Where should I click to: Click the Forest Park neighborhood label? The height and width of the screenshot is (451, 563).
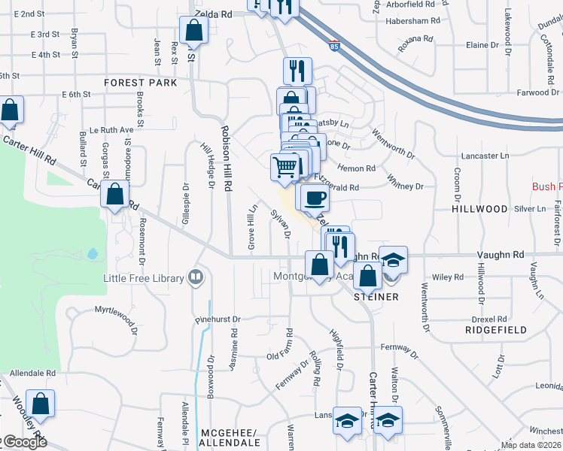pyautogui.click(x=141, y=82)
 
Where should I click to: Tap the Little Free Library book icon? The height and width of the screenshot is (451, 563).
pyautogui.click(x=196, y=278)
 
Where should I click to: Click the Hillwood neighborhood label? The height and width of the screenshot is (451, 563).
pyautogui.click(x=479, y=208)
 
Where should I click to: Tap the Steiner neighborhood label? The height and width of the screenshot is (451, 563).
pyautogui.click(x=376, y=297)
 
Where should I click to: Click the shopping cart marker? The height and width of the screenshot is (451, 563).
pyautogui.click(x=285, y=167)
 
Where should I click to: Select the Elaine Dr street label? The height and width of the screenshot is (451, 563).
pyautogui.click(x=482, y=45)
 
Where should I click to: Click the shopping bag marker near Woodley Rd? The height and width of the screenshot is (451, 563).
pyautogui.click(x=40, y=404)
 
